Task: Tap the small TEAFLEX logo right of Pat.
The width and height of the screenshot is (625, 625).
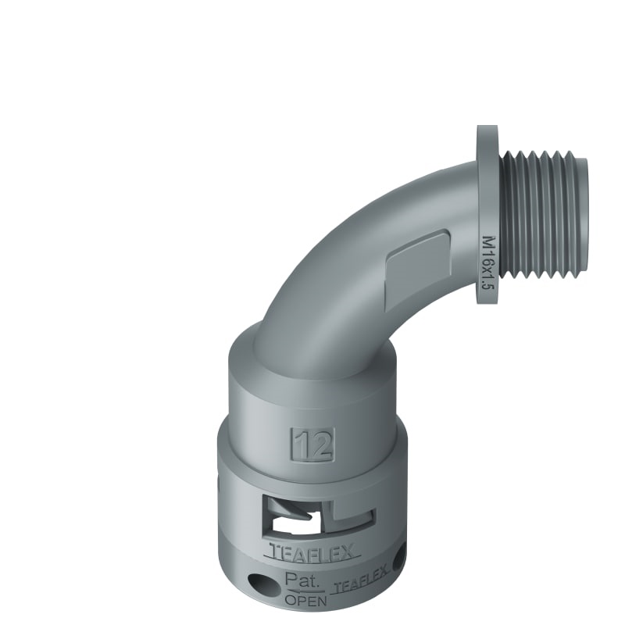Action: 359,587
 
